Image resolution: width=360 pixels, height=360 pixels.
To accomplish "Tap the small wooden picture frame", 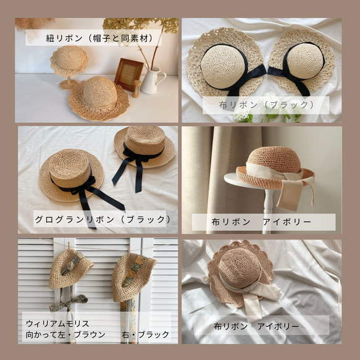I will tap(128, 74).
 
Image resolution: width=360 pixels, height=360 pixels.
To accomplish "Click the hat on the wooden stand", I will tap(69, 61).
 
